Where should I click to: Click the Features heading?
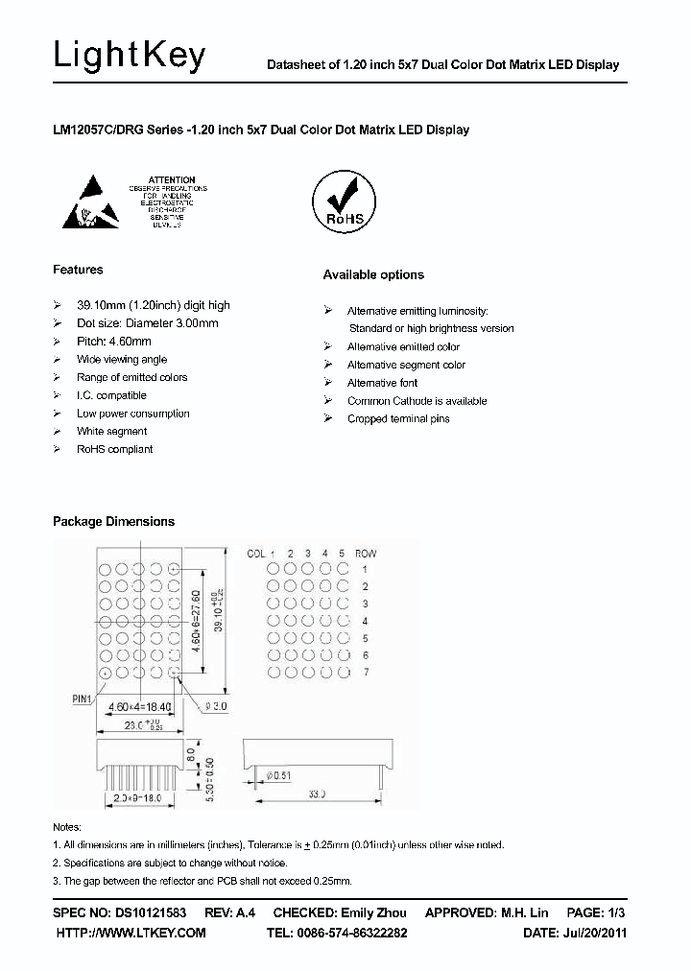pyautogui.click(x=78, y=270)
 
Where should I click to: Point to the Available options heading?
pyautogui.click(x=372, y=274)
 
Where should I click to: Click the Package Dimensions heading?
pyautogui.click(x=113, y=521)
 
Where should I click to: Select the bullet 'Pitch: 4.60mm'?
pyautogui.click(x=113, y=342)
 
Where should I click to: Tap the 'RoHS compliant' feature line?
pyautogui.click(x=114, y=449)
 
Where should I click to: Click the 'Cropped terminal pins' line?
pyautogui.click(x=398, y=419)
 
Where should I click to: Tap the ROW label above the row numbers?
pyautogui.click(x=366, y=554)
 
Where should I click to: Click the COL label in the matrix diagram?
pyautogui.click(x=256, y=554)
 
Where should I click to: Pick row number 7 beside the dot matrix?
pyautogui.click(x=365, y=673)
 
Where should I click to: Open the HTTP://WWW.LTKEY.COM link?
pyautogui.click(x=131, y=933)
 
